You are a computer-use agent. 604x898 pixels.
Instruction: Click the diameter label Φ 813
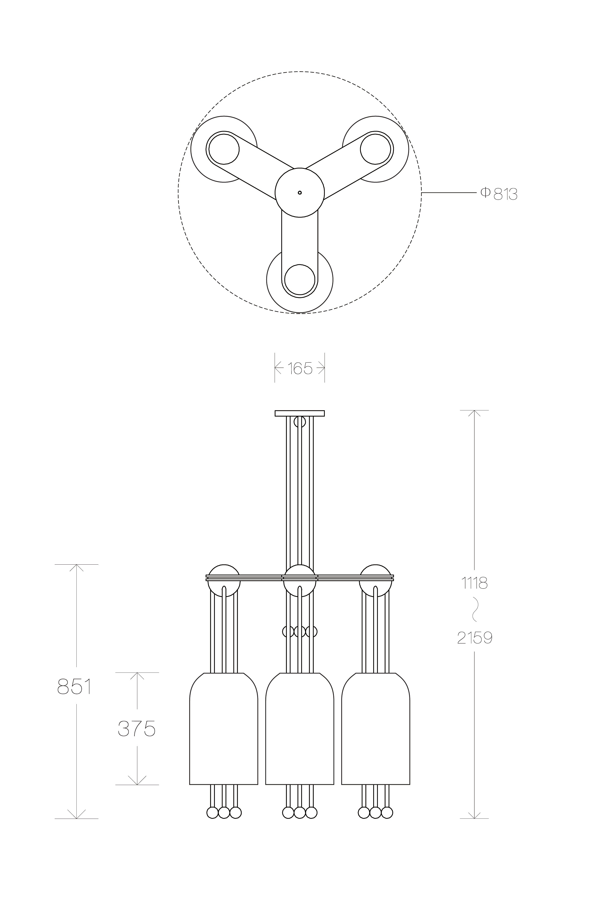tap(499, 194)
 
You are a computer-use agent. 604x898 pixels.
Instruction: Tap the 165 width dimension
tap(300, 368)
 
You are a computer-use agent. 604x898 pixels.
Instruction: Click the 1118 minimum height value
tap(475, 583)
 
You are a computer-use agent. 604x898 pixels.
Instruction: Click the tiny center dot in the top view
tap(300, 192)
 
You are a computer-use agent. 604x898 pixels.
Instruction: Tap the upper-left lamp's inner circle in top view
tap(224, 149)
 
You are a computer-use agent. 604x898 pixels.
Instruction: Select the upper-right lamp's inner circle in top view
tap(375, 149)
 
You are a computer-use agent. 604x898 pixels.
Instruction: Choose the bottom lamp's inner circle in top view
tap(300, 280)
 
